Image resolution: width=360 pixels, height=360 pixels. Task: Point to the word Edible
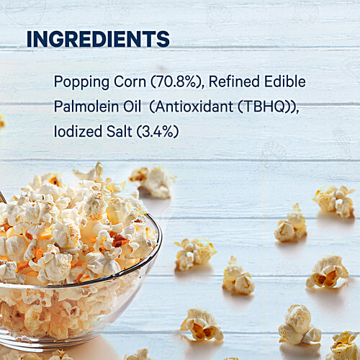pos(284,81)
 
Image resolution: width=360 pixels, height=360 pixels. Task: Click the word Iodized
pos(77,132)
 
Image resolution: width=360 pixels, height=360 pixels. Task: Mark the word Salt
pos(119,132)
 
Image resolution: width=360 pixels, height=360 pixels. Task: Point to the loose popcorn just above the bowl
pos(153,181)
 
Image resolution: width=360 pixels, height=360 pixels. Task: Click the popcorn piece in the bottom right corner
pos(344,346)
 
